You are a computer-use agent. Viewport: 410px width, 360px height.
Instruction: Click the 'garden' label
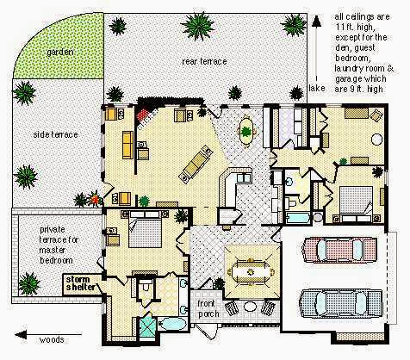pyautogui.click(x=60, y=53)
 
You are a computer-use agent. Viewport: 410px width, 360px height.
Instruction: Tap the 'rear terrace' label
pyautogui.click(x=204, y=61)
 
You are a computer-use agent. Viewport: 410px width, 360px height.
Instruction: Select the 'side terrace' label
pyautogui.click(x=55, y=134)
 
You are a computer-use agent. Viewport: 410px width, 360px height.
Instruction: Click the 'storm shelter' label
pyautogui.click(x=80, y=283)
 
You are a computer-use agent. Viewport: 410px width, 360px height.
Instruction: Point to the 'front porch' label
pyautogui.click(x=208, y=308)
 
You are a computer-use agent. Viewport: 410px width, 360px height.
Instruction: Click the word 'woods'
pyautogui.click(x=52, y=340)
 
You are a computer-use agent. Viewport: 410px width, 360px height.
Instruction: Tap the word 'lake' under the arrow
pyautogui.click(x=317, y=88)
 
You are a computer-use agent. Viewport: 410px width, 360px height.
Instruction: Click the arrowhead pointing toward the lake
pyautogui.click(x=316, y=22)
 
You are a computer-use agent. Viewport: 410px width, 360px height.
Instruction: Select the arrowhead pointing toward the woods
pyautogui.click(x=21, y=335)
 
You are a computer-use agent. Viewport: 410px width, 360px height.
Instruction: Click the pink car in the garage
pyautogui.click(x=340, y=250)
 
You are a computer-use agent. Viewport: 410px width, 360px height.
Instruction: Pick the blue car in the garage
pyautogui.click(x=341, y=304)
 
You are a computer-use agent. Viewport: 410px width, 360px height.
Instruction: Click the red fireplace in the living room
pyautogui.click(x=143, y=116)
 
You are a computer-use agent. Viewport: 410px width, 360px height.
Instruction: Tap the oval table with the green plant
pyautogui.click(x=246, y=131)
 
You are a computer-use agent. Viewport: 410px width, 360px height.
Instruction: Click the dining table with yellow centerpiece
pyautogui.click(x=251, y=271)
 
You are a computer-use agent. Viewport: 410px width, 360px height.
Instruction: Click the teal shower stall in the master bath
pyautogui.click(x=147, y=326)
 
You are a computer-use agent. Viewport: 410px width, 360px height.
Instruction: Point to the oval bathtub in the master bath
pyautogui.click(x=173, y=324)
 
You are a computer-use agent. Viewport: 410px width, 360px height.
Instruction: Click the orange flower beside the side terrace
pyautogui.click(x=95, y=198)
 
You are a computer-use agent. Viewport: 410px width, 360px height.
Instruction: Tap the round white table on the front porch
pyautogui.click(x=250, y=307)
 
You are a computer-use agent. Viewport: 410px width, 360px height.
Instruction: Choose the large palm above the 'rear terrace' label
pyautogui.click(x=198, y=26)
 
